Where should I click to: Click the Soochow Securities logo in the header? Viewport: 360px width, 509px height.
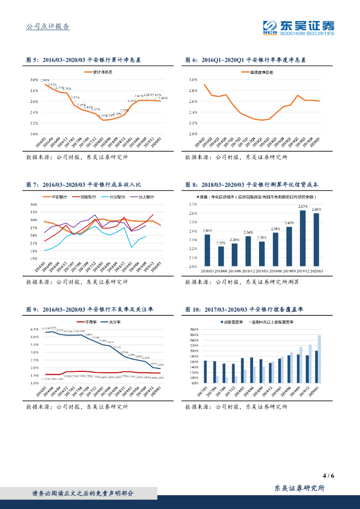coord(298,27)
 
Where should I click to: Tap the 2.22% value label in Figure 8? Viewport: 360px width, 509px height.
coord(221,243)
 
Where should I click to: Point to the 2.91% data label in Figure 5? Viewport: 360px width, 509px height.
coord(45,80)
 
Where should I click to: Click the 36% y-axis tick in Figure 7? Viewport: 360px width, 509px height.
coord(34,204)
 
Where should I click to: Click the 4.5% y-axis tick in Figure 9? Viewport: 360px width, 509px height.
coord(35,329)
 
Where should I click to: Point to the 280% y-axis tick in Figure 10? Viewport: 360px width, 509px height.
coord(194,329)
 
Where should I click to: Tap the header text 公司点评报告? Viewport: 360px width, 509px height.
coord(47,27)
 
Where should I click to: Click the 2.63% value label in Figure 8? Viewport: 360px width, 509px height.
coord(303,206)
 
